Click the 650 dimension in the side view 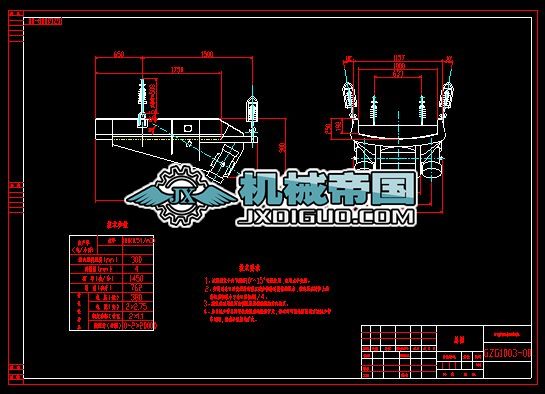[x=118, y=53]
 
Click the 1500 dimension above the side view [x=206, y=53]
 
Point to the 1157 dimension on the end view [x=399, y=57]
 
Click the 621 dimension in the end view [x=399, y=75]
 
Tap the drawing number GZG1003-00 [x=512, y=354]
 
